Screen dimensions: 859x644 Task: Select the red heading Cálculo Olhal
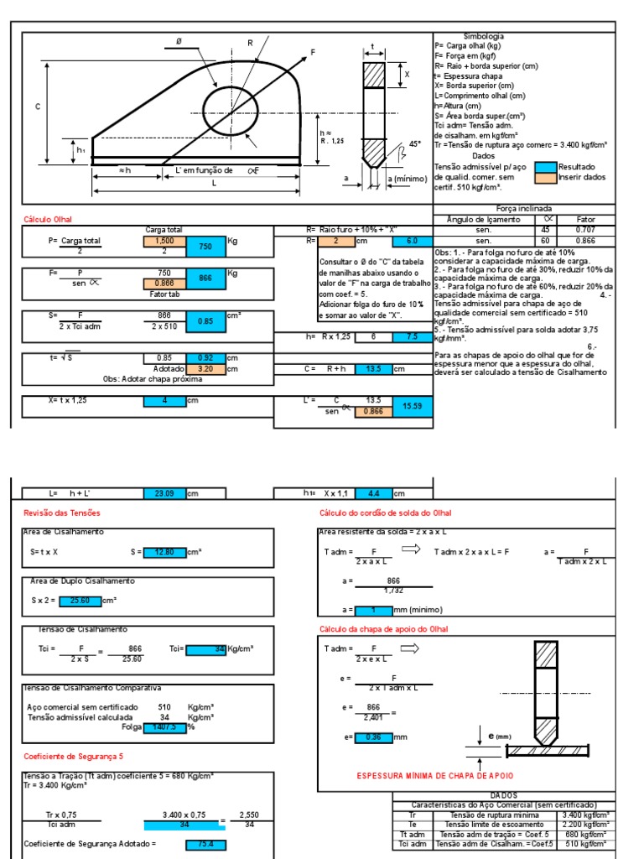coord(47,220)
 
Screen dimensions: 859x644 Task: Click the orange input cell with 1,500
coord(164,241)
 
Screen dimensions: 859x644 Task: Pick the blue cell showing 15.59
coord(413,406)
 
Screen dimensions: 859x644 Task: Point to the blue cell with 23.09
coord(164,494)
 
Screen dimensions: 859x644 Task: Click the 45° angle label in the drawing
coord(414,144)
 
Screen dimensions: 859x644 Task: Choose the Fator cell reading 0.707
coord(585,230)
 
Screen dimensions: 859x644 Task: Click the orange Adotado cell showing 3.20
coord(205,368)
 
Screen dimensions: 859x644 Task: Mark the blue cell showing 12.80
coord(164,552)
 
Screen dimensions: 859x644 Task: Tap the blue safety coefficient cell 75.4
coord(205,845)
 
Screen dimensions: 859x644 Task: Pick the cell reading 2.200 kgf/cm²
coord(585,824)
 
